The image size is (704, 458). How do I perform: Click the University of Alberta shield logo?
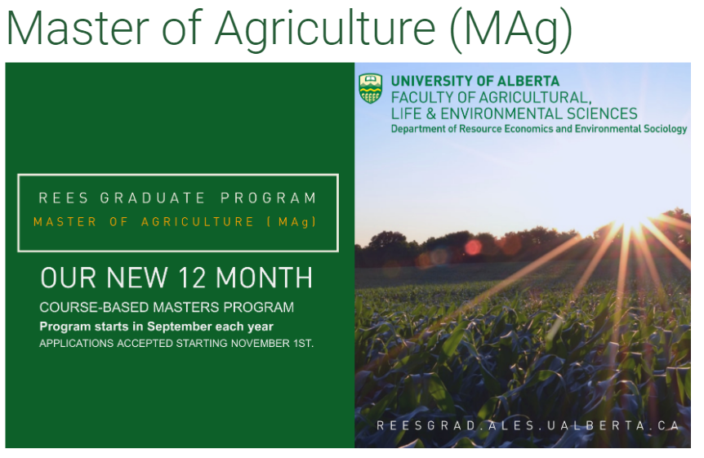click(x=371, y=89)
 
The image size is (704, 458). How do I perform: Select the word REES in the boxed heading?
click(x=61, y=198)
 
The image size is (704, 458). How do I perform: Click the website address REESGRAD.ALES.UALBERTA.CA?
click(x=528, y=425)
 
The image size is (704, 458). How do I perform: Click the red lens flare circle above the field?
click(x=473, y=247)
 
